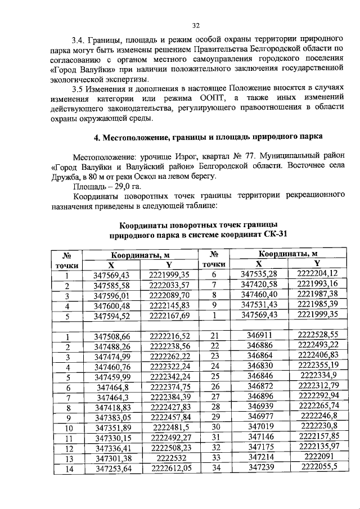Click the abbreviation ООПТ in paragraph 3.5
pos(198,98)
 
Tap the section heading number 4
pos(95,138)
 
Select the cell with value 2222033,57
pos(169,285)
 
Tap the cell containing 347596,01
pos(112,296)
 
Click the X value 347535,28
pos(259,274)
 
